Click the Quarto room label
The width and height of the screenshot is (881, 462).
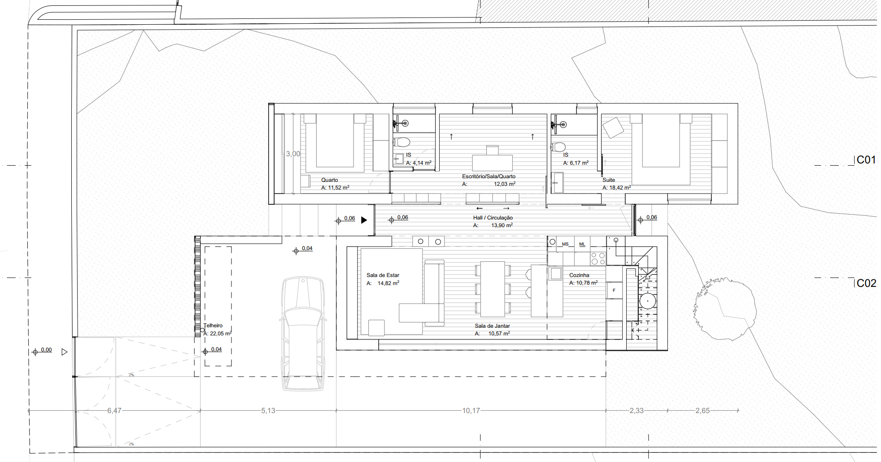click(x=329, y=180)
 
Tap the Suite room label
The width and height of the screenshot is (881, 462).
click(x=609, y=180)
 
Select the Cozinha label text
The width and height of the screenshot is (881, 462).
click(x=579, y=275)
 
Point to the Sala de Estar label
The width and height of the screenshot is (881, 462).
click(x=383, y=275)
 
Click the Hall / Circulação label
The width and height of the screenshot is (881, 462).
click(x=493, y=218)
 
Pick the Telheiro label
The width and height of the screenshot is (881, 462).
click(x=213, y=326)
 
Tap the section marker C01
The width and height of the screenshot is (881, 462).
click(x=866, y=160)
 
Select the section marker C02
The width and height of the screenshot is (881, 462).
click(x=866, y=283)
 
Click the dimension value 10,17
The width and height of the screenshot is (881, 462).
click(x=471, y=411)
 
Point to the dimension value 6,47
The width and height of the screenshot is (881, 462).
click(x=114, y=411)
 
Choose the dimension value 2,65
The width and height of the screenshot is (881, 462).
click(x=702, y=411)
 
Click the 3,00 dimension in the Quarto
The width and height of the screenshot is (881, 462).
click(x=293, y=154)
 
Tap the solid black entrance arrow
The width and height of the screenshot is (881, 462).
click(x=364, y=220)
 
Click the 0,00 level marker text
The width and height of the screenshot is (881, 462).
click(x=46, y=350)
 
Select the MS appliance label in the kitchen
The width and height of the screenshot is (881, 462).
click(x=565, y=244)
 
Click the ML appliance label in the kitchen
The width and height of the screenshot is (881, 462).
click(x=582, y=244)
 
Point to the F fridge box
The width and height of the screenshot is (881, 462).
click(x=614, y=290)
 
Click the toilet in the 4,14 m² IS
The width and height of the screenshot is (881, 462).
click(x=402, y=142)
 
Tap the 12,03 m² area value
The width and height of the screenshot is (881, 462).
click(x=505, y=184)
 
